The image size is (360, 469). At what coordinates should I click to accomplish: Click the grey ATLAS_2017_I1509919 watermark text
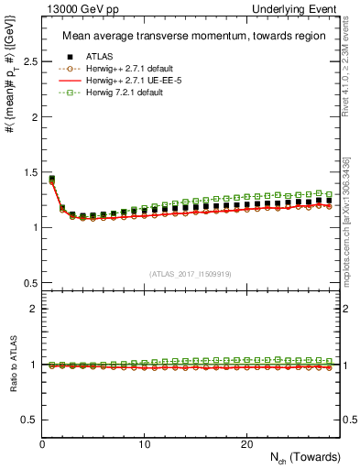click(x=191, y=273)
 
